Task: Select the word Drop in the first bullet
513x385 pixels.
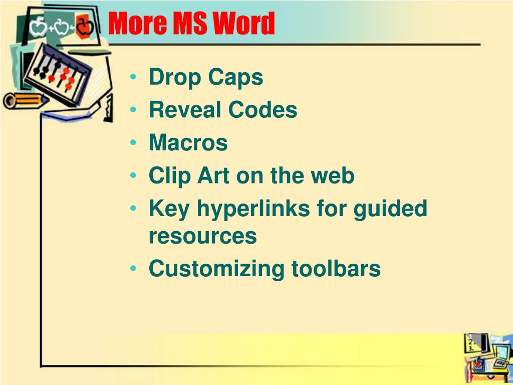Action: tap(175, 78)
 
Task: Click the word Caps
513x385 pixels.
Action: tap(235, 78)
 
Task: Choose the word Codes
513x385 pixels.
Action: tap(263, 109)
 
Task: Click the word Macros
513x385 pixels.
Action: tap(188, 142)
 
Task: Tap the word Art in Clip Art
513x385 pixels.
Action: tap(213, 175)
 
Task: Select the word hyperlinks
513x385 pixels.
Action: tap(253, 209)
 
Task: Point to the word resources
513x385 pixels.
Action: tap(203, 237)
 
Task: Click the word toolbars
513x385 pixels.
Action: tap(336, 269)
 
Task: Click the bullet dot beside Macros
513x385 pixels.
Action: tap(133, 143)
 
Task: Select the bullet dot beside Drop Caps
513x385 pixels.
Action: tap(133, 77)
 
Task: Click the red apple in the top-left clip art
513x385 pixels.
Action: tap(84, 27)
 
